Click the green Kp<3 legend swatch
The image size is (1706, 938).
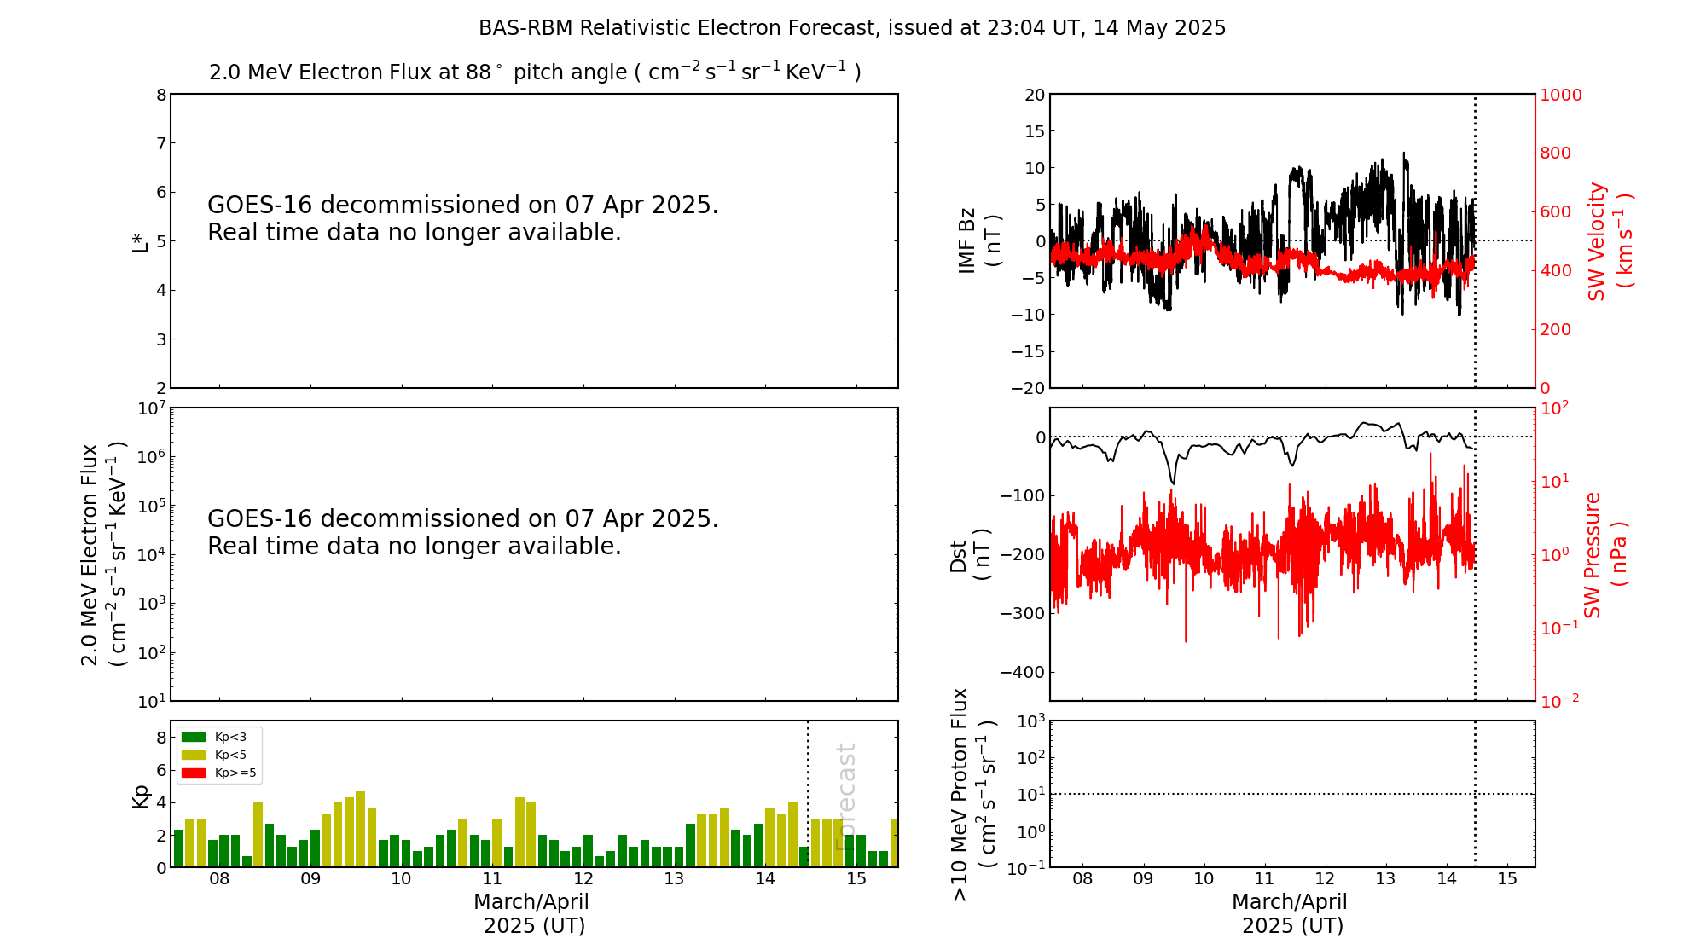point(194,737)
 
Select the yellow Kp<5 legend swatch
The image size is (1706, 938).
point(194,755)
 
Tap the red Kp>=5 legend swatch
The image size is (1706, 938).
point(194,773)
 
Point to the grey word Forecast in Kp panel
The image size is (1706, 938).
point(845,796)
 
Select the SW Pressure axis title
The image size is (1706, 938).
point(1604,555)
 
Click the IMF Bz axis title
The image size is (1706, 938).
point(979,240)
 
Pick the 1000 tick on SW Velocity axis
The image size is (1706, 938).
point(1560,95)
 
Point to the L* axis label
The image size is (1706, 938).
point(140,241)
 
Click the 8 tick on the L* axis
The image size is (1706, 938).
point(160,95)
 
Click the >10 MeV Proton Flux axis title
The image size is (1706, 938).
point(972,795)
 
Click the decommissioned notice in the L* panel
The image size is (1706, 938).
point(463,219)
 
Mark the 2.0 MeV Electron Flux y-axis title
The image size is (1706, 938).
point(103,555)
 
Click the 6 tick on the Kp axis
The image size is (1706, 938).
point(160,770)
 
